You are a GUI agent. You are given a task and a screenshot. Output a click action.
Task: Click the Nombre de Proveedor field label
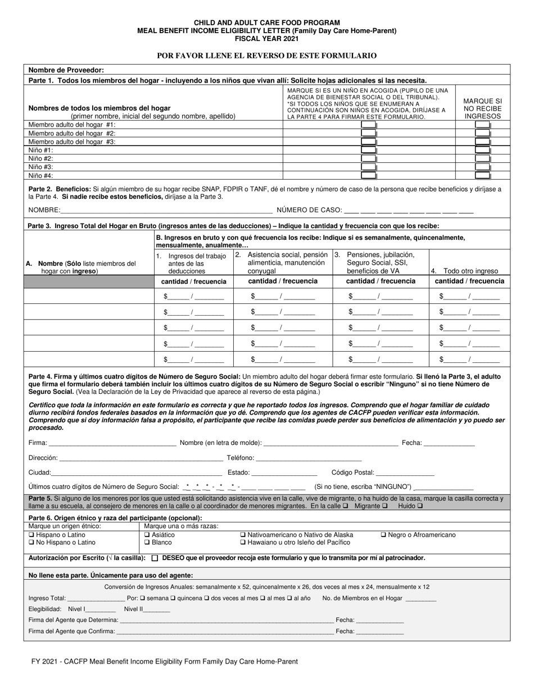66,70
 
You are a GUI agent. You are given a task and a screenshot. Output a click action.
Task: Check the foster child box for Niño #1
368,151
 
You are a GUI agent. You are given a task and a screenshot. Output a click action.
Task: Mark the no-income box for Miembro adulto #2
482,134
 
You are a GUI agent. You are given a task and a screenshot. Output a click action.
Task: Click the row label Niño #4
41,175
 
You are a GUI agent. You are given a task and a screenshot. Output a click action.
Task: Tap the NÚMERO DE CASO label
309,210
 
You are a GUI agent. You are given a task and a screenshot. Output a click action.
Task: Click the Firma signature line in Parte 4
112,443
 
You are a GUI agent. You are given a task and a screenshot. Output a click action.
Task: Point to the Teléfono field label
241,458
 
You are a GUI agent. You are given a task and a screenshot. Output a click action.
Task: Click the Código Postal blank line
405,473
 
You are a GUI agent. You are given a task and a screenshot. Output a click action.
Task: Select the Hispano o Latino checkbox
31,535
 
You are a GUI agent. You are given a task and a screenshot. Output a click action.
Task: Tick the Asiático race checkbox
147,535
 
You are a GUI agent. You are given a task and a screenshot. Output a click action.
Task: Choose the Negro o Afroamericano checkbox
384,535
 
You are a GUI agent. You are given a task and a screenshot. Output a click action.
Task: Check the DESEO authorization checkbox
155,558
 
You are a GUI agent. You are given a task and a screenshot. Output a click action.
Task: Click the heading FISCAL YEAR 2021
267,39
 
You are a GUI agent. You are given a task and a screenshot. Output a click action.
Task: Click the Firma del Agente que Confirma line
225,631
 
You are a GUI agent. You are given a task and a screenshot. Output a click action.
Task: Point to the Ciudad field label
39,473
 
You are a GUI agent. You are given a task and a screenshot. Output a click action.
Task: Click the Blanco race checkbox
147,543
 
